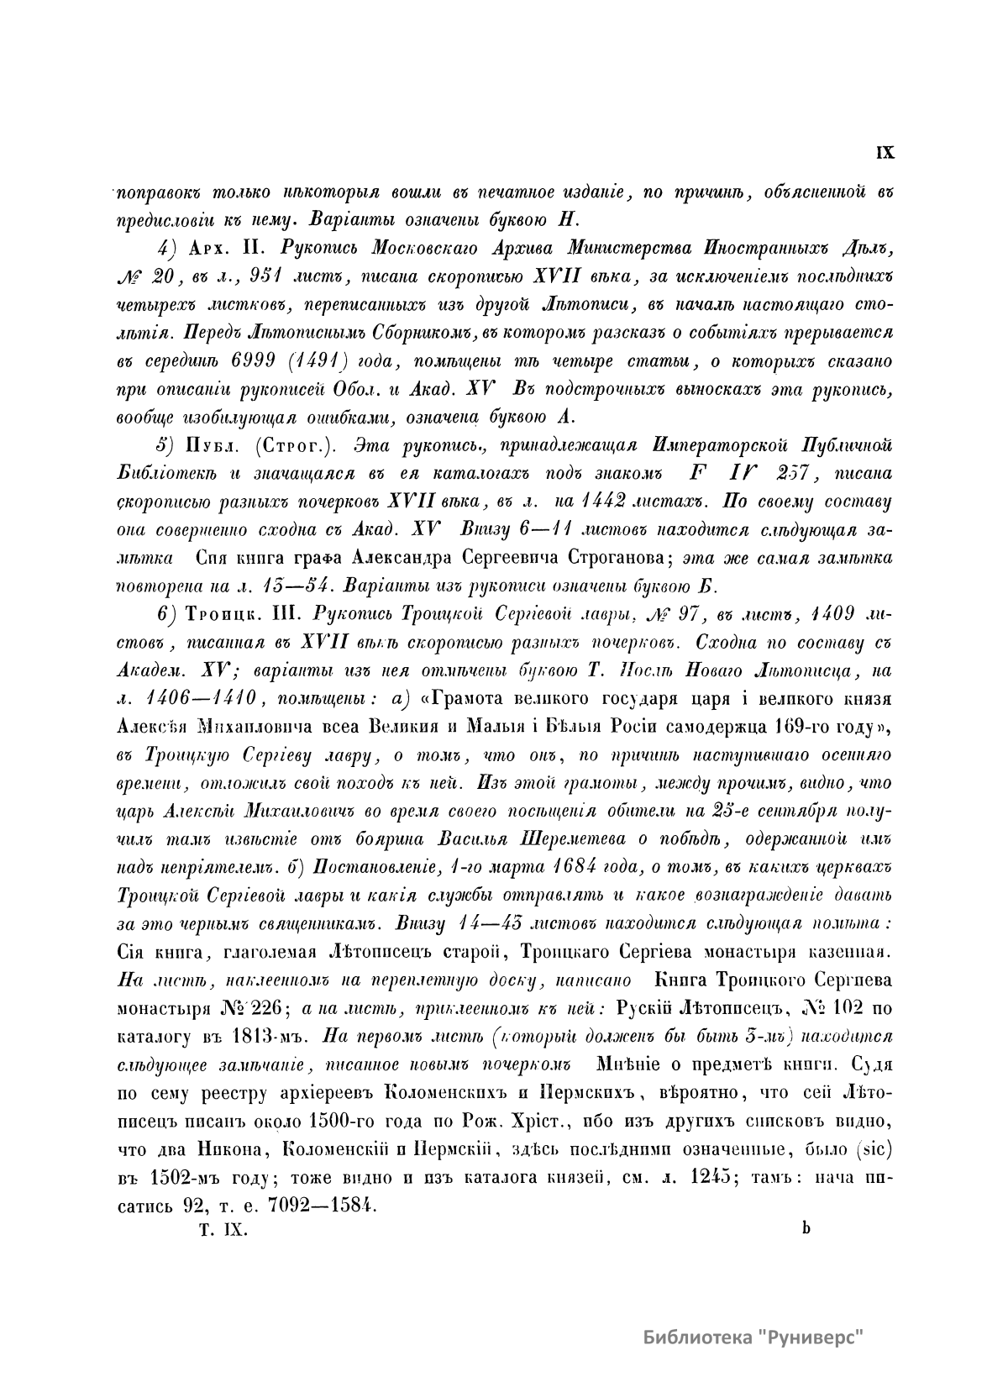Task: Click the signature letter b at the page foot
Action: click(806, 1228)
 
